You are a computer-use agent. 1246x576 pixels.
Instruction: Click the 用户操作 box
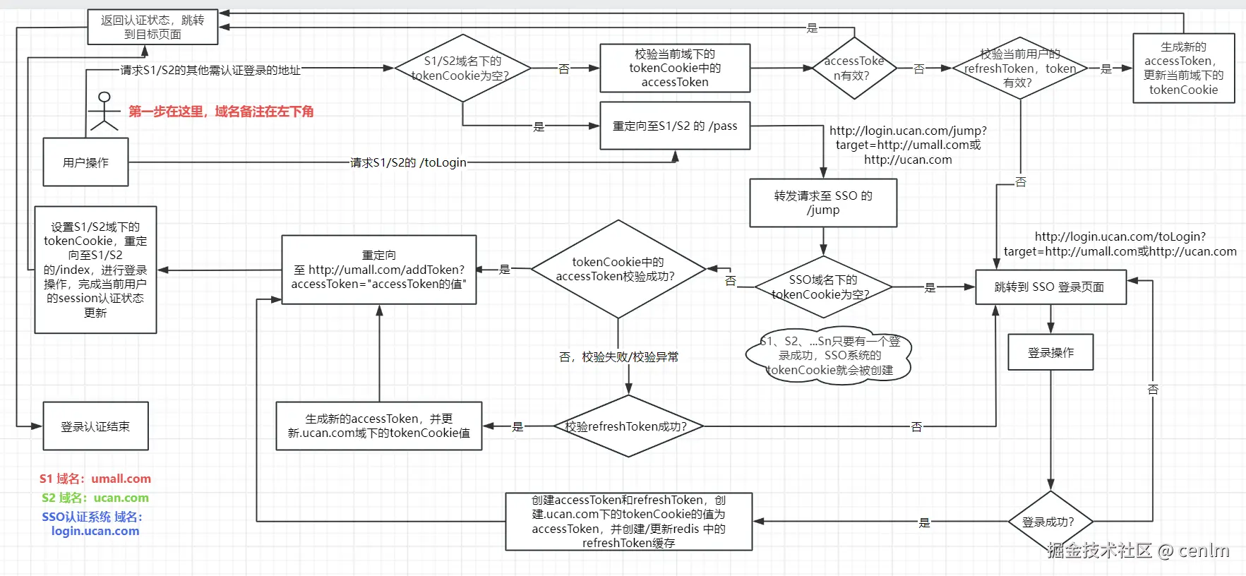point(85,162)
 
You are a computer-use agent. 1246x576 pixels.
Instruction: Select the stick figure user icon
point(104,111)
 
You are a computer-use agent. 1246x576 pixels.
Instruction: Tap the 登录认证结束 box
point(95,426)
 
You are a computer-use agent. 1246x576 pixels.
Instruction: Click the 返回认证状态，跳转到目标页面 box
point(152,27)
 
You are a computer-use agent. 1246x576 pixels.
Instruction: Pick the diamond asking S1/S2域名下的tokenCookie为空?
point(462,68)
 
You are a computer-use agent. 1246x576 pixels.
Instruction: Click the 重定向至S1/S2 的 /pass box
point(674,126)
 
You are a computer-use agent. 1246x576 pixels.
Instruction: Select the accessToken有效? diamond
point(854,68)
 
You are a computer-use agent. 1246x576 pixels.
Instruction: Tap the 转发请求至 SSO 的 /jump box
point(823,203)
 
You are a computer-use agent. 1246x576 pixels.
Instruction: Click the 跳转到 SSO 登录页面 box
point(1050,287)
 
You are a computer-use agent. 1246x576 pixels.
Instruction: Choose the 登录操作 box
point(1050,352)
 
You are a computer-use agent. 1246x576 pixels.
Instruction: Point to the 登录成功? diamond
point(1050,522)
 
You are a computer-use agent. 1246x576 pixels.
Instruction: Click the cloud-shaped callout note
point(829,356)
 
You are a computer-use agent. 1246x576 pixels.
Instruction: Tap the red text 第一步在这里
point(221,111)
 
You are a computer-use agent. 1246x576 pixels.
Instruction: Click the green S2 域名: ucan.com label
point(95,498)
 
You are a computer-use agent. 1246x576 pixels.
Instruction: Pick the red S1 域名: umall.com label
point(95,479)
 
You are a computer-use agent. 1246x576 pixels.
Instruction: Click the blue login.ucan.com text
point(95,531)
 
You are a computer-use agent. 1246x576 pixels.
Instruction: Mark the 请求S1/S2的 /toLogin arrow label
point(408,162)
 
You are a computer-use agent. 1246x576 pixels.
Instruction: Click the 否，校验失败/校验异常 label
point(618,356)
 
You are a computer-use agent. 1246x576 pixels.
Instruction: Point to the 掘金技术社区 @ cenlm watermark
point(1138,551)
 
